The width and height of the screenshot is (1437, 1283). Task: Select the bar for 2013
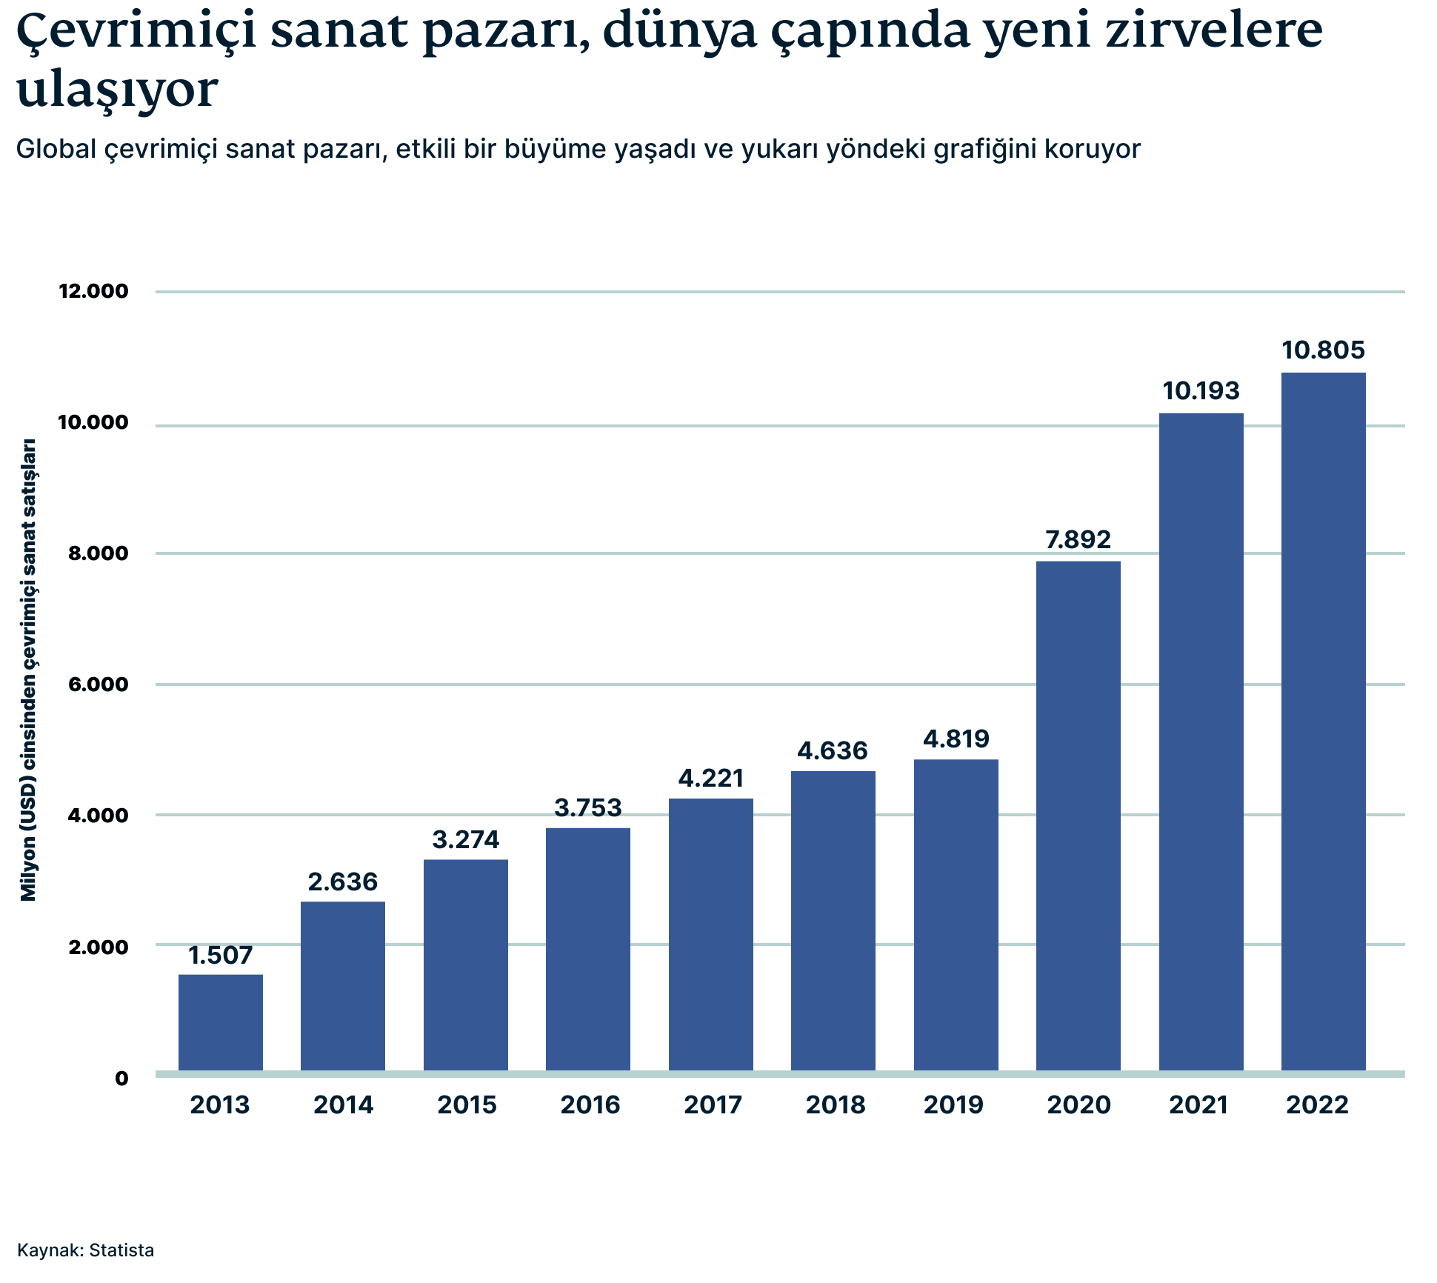(221, 1022)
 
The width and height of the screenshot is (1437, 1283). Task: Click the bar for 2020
(1078, 815)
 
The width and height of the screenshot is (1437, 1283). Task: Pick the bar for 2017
(711, 934)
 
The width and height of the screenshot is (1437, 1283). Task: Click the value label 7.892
(1078, 540)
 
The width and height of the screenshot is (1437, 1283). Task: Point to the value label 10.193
(1201, 391)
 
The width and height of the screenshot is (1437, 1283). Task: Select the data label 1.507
(221, 956)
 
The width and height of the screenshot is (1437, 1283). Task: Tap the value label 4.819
(956, 739)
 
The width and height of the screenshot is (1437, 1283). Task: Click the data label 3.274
(466, 840)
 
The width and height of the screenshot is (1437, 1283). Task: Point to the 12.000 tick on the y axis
(93, 291)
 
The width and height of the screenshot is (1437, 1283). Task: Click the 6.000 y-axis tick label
(99, 684)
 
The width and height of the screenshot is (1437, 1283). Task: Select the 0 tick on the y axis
(121, 1079)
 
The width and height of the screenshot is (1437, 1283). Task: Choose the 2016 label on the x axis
(590, 1105)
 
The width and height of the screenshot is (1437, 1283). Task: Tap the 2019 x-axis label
(953, 1105)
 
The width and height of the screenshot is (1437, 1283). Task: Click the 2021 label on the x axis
(1198, 1105)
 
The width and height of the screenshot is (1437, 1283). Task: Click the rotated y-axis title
(28, 670)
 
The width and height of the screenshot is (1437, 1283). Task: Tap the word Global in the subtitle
(56, 149)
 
